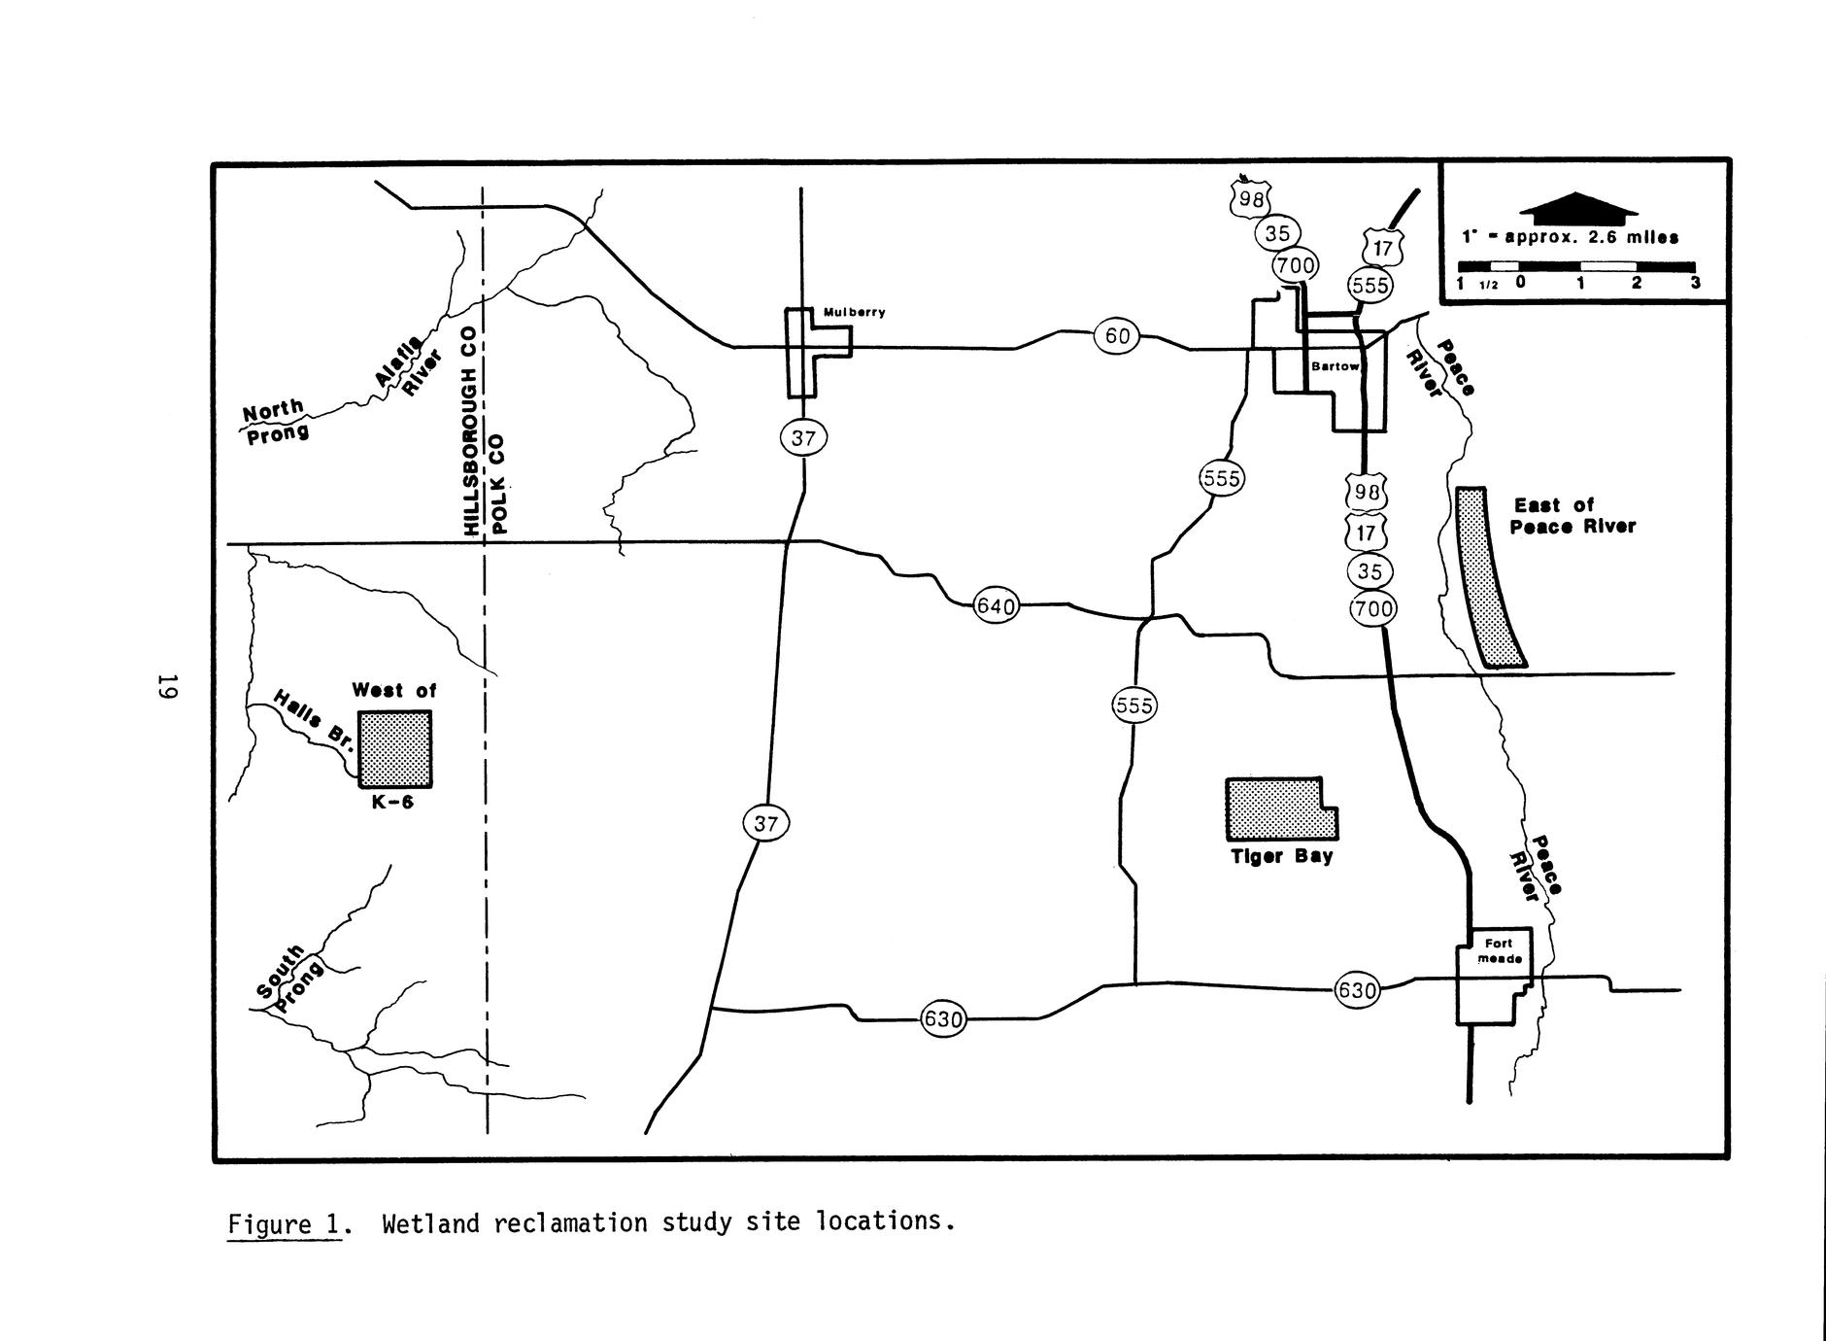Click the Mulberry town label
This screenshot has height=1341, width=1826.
point(854,313)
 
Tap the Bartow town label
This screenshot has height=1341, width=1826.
point(1335,367)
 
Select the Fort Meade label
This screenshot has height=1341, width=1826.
point(1499,950)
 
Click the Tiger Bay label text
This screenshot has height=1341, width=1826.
point(1282,857)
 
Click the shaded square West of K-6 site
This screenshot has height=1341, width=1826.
point(395,748)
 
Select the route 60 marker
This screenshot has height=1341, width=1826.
point(1117,336)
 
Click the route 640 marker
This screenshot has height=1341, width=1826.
point(996,607)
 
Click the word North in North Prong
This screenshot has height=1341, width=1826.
point(273,411)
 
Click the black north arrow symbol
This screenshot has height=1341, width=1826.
point(1578,205)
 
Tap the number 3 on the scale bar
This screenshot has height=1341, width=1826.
point(1695,284)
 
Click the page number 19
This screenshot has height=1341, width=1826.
point(167,686)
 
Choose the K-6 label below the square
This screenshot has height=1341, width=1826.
point(392,803)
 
